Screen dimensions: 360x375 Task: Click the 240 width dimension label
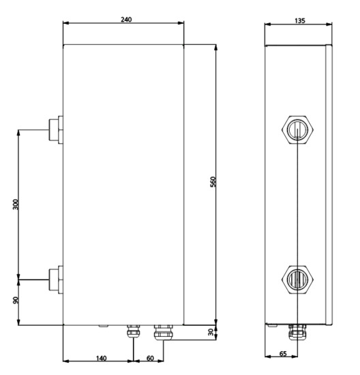click(126, 19)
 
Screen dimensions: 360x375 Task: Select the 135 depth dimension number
click(300, 21)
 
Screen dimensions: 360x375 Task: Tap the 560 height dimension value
click(213, 182)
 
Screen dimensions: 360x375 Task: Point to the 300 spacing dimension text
click(16, 205)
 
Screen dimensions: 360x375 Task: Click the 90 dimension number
click(16, 300)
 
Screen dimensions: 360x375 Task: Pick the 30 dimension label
click(211, 332)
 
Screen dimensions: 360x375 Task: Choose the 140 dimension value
click(101, 358)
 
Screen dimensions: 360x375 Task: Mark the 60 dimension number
click(150, 358)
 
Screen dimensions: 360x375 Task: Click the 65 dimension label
click(283, 354)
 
